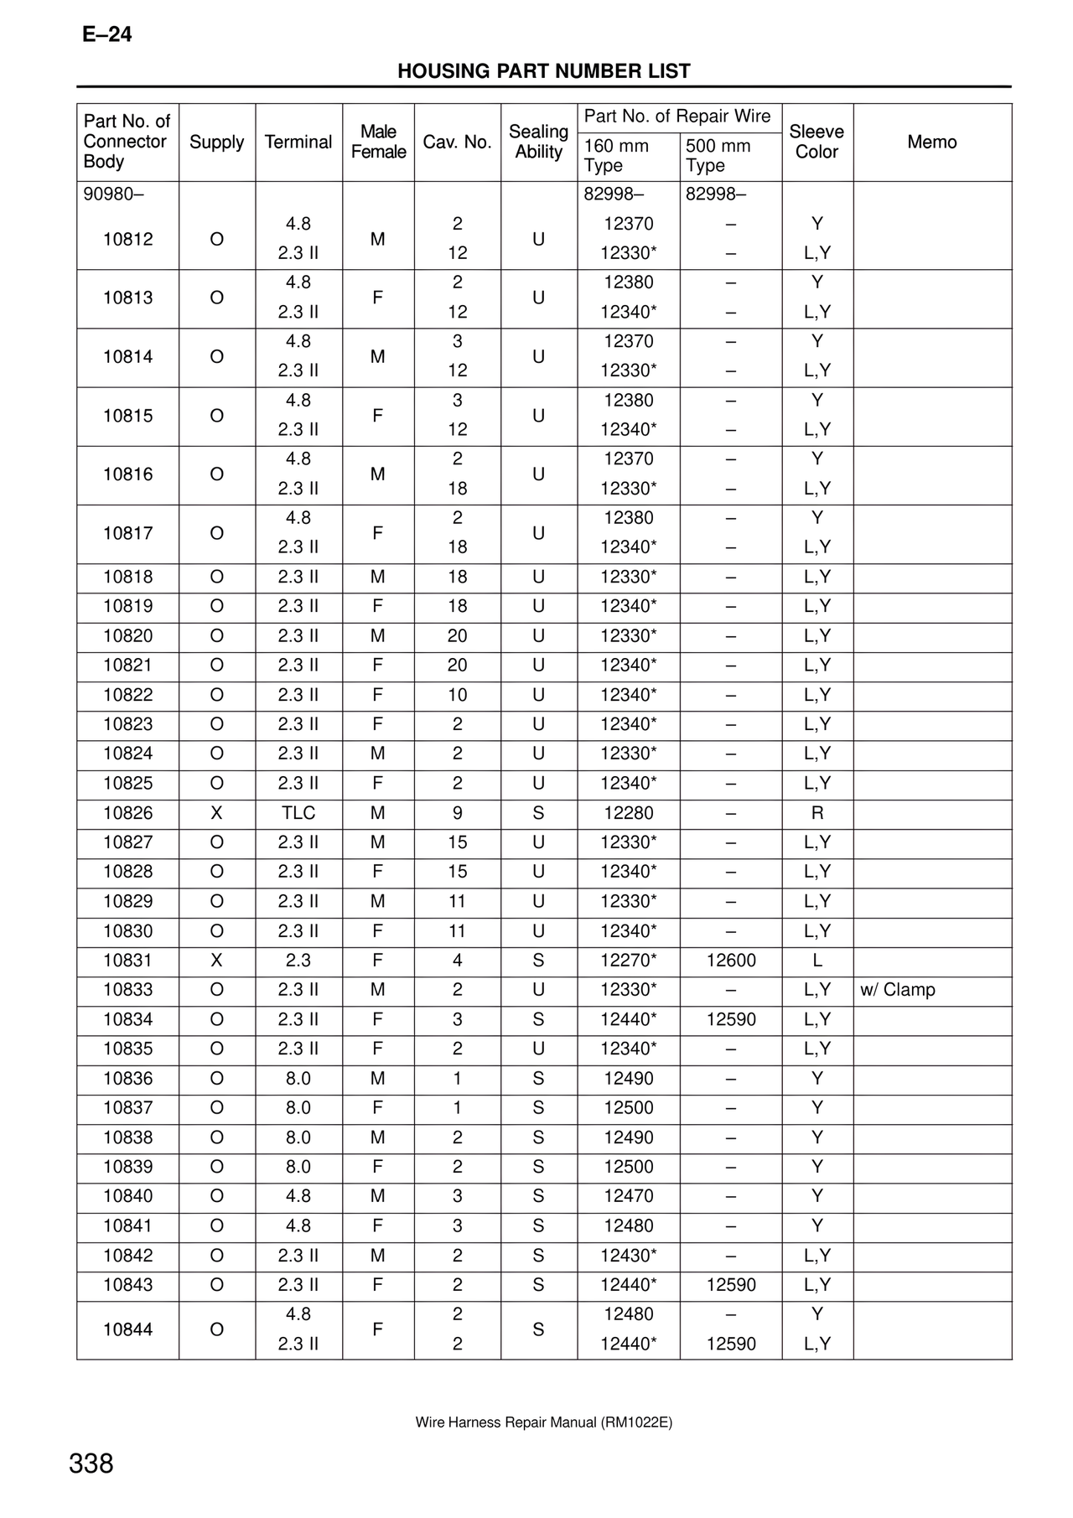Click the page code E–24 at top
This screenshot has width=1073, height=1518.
[106, 35]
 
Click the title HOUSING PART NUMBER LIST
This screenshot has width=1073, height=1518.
[543, 71]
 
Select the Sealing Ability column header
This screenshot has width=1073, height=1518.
[538, 142]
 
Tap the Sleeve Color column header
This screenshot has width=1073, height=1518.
[816, 142]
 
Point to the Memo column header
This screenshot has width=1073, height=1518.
[931, 142]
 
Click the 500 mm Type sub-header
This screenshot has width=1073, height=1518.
[718, 156]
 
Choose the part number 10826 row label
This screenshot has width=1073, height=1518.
[127, 813]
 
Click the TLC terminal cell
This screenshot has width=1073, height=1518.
[298, 813]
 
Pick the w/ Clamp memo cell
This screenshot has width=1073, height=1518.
[897, 990]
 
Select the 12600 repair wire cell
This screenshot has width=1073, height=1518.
[731, 961]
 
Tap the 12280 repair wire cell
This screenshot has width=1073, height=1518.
[628, 813]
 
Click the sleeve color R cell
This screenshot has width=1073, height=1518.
[817, 813]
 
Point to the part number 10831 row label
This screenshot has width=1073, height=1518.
[127, 961]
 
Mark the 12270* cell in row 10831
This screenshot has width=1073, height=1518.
[628, 961]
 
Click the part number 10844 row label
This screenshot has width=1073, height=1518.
[127, 1329]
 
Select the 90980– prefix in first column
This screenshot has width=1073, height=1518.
[113, 194]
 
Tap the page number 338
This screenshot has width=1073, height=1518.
[91, 1464]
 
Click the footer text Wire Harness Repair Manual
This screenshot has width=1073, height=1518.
[543, 1422]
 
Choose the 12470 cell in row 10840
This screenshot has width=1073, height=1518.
[628, 1196]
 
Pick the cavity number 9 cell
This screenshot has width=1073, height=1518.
[457, 813]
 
